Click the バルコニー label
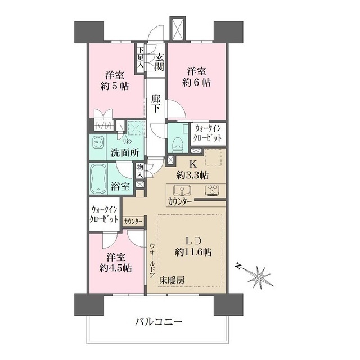coord(159,322)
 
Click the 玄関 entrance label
coord(160,61)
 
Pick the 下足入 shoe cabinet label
coord(139,57)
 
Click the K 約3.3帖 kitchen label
coord(191,169)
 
